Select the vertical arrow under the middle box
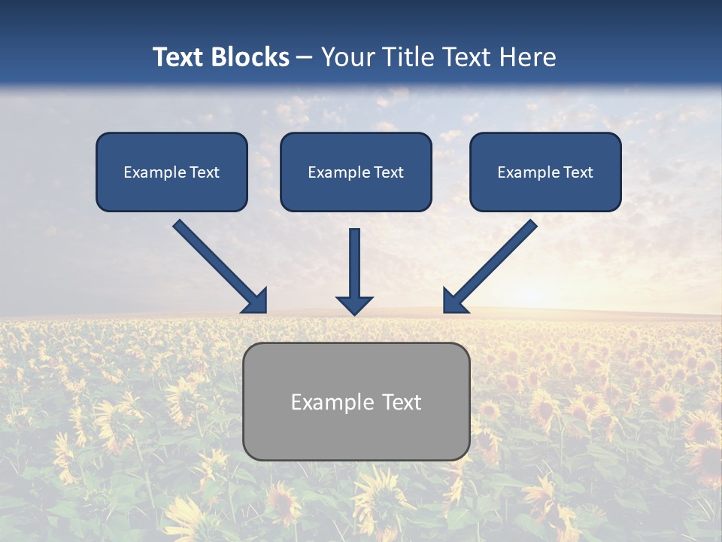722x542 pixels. pos(354,263)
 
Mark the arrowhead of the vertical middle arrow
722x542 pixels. pos(354,305)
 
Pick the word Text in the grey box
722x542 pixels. pos(402,402)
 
